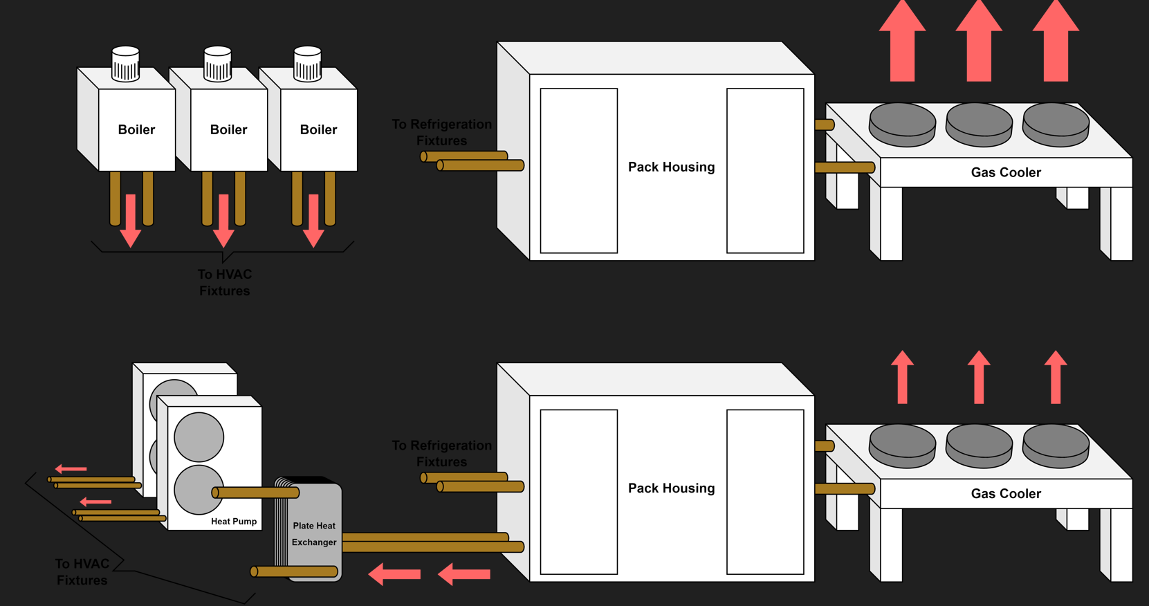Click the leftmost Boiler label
click(136, 129)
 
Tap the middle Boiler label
click(228, 129)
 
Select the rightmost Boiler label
click(318, 129)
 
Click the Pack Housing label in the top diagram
click(671, 167)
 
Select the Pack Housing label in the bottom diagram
click(671, 488)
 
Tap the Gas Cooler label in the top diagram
click(1006, 172)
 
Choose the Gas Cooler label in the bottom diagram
click(1006, 493)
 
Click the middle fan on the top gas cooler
click(979, 123)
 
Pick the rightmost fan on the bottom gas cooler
click(1056, 444)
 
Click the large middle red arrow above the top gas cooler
click(979, 42)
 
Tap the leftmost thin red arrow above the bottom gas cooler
click(902, 377)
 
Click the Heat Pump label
click(234, 521)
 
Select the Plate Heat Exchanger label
click(314, 534)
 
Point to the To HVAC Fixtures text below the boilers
click(225, 282)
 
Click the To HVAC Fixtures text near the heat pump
click(82, 572)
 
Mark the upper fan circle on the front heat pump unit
click(199, 437)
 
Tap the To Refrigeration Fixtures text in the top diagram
click(442, 132)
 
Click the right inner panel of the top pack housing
click(765, 170)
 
